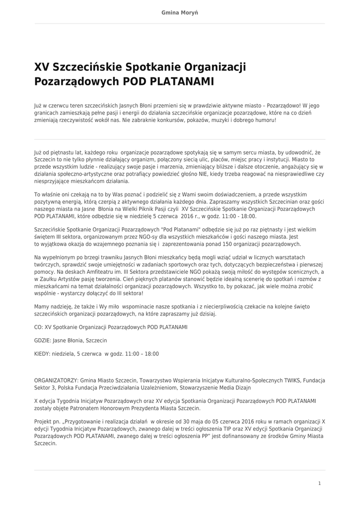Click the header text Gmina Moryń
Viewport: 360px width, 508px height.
180,12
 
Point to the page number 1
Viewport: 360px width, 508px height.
319,483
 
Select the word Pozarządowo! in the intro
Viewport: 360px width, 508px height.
284,106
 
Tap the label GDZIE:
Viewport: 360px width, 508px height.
42,341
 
